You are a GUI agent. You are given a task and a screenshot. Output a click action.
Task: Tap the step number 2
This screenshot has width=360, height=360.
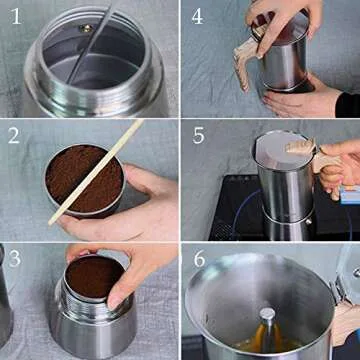point(14,138)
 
